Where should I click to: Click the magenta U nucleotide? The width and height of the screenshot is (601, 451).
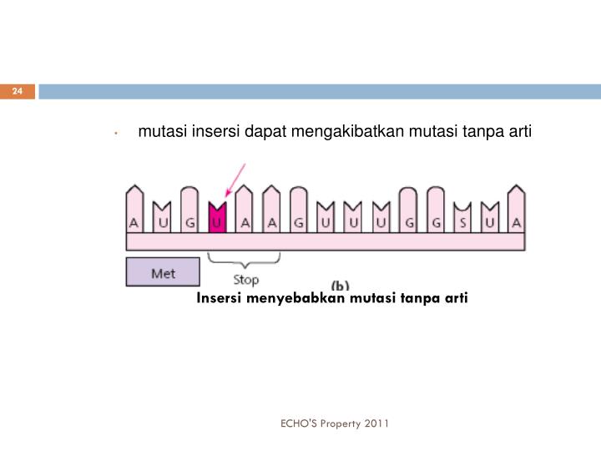(x=217, y=219)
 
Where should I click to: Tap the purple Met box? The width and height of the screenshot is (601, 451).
(x=163, y=272)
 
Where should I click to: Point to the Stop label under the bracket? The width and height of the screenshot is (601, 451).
(x=245, y=280)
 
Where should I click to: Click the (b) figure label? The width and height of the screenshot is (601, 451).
(x=341, y=284)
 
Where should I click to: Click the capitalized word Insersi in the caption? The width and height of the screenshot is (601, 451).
(x=220, y=298)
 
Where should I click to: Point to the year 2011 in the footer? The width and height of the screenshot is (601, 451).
(x=376, y=423)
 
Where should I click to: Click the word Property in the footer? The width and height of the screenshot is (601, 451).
(x=342, y=423)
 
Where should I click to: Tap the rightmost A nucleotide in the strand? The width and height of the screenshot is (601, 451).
(x=517, y=219)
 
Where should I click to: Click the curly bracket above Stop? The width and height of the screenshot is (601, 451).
(x=244, y=261)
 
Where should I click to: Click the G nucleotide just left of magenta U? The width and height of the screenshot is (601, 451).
(x=190, y=219)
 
